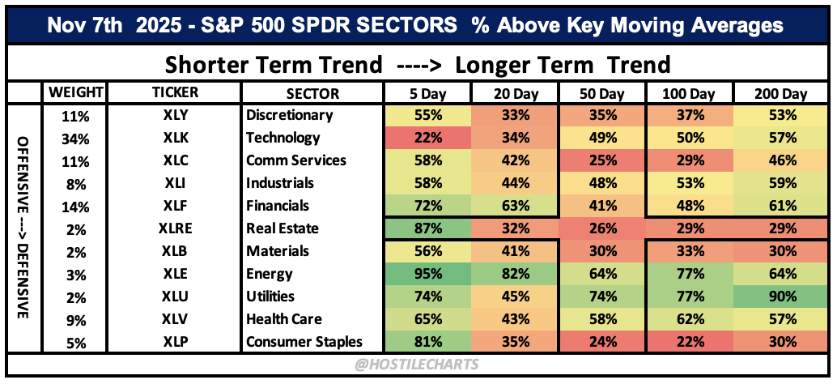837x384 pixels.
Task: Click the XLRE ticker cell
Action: pyautogui.click(x=175, y=229)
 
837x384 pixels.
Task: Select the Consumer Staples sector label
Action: pyautogui.click(x=304, y=342)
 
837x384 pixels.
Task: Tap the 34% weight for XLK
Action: pyautogui.click(x=74, y=139)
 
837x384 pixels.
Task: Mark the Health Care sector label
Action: pyautogui.click(x=284, y=319)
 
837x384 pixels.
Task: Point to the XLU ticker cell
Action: pyautogui.click(x=175, y=297)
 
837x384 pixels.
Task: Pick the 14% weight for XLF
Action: pyautogui.click(x=74, y=207)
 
